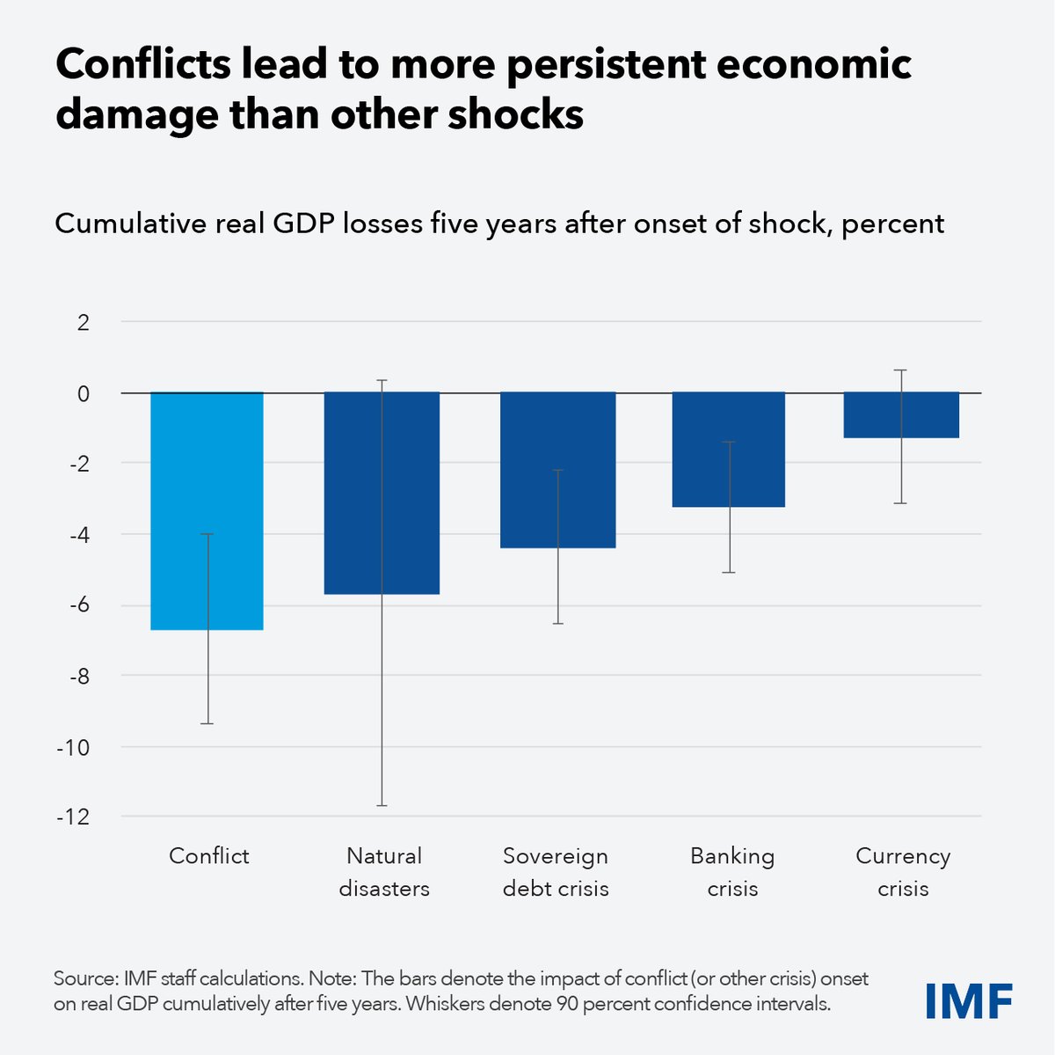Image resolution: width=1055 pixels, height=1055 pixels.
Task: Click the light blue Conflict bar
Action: (x=207, y=510)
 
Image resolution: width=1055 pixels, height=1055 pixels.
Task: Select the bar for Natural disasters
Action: (x=382, y=493)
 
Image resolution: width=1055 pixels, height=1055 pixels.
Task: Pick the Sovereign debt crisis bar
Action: (x=557, y=470)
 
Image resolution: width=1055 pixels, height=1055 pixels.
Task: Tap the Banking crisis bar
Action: (x=729, y=449)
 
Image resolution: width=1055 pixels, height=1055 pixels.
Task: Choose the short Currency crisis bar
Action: (x=901, y=414)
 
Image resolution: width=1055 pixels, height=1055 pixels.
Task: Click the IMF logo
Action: (x=969, y=1001)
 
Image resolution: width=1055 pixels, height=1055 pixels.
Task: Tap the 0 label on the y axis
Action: (x=84, y=393)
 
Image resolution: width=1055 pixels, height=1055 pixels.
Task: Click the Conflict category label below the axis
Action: (x=208, y=856)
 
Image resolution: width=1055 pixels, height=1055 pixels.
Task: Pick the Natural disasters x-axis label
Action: (x=384, y=872)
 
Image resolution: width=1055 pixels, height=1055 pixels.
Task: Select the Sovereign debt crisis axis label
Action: (x=556, y=872)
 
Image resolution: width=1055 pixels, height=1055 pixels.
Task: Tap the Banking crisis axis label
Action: (x=732, y=872)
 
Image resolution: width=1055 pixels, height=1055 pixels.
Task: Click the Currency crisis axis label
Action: (x=903, y=872)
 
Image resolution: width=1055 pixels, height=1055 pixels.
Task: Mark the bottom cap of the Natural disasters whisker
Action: (x=382, y=805)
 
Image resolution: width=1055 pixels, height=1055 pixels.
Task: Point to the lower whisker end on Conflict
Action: (x=207, y=723)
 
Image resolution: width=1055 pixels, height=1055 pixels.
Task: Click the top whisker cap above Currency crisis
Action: (x=901, y=370)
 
